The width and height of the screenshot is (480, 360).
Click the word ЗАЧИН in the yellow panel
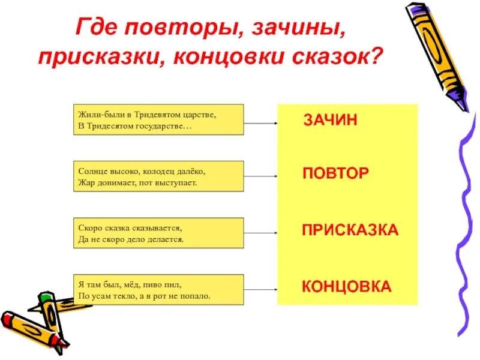point(330,120)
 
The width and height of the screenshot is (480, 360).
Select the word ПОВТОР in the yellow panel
point(335,173)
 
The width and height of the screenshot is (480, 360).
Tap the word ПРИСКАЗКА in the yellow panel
point(350,230)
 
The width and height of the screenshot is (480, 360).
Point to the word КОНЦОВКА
point(346,286)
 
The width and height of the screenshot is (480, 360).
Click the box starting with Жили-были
point(158,119)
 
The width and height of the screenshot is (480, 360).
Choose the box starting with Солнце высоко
point(158,176)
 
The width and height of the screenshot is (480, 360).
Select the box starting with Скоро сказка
point(158,233)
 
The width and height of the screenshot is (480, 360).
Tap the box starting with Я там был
point(158,290)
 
